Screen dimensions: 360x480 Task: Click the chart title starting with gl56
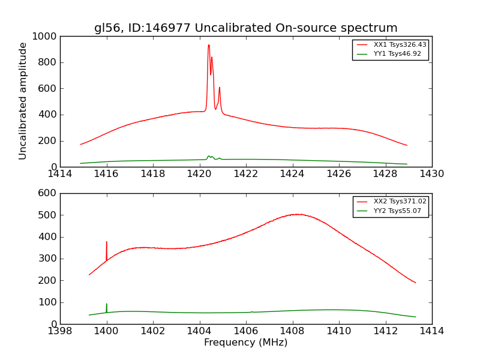click(245, 28)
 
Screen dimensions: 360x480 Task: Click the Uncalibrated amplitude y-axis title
click(23, 101)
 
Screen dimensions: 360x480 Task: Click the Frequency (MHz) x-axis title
click(245, 343)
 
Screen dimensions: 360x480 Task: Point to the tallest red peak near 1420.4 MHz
click(209, 45)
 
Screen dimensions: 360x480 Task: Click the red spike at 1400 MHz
click(107, 242)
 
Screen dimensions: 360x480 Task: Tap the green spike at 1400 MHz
click(107, 304)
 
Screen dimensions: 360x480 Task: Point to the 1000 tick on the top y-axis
click(45, 37)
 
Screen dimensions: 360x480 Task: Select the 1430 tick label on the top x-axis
click(431, 174)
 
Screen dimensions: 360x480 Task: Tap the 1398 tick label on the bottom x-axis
click(60, 331)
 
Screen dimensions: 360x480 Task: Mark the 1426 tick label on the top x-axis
click(338, 174)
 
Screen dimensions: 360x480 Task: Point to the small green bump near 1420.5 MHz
click(209, 157)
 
